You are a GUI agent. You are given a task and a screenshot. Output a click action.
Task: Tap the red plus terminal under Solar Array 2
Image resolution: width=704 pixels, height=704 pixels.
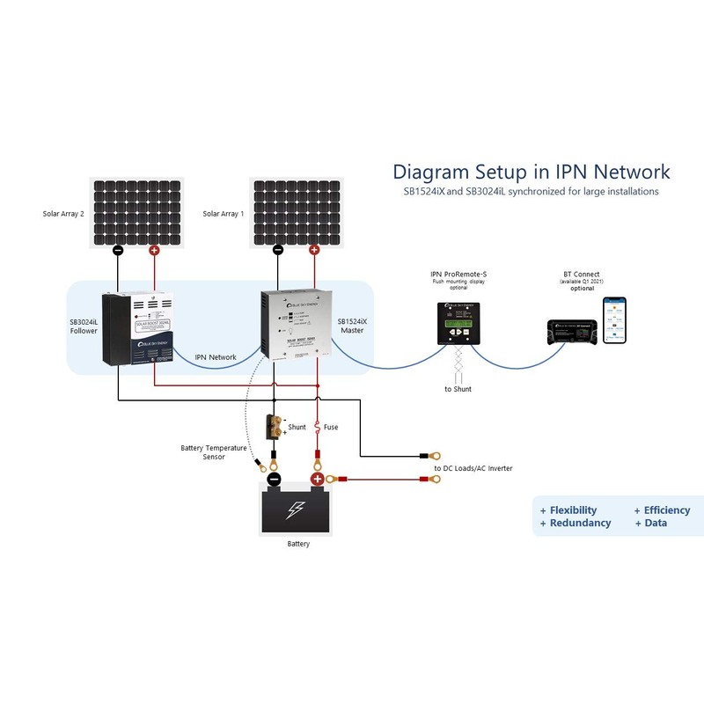pyautogui.click(x=155, y=251)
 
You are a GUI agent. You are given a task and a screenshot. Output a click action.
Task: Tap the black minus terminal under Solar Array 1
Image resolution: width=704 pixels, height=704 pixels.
pyautogui.click(x=278, y=250)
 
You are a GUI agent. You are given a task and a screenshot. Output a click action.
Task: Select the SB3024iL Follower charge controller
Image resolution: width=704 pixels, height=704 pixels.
pyautogui.click(x=137, y=329)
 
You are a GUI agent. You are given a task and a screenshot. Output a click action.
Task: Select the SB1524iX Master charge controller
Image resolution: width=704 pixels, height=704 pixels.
pyautogui.click(x=296, y=324)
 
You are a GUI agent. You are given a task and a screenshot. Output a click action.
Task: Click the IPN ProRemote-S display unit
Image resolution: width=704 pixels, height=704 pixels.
pyautogui.click(x=458, y=322)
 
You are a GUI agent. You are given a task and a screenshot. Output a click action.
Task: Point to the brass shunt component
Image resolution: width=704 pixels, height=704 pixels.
pyautogui.click(x=277, y=426)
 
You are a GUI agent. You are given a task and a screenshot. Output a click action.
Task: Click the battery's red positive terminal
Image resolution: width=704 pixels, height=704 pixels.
pyautogui.click(x=317, y=480)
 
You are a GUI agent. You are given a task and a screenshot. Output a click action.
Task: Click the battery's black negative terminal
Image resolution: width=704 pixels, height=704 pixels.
pyautogui.click(x=275, y=480)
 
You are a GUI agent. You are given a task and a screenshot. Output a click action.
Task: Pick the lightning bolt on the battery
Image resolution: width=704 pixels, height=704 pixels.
pyautogui.click(x=297, y=510)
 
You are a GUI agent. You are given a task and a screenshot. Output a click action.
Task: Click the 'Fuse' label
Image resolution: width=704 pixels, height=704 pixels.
pyautogui.click(x=331, y=427)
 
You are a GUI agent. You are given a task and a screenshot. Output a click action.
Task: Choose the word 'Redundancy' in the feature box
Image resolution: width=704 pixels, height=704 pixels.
pyautogui.click(x=580, y=523)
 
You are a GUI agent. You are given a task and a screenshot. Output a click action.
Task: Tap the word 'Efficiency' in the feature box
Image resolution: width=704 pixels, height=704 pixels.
pyautogui.click(x=667, y=510)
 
